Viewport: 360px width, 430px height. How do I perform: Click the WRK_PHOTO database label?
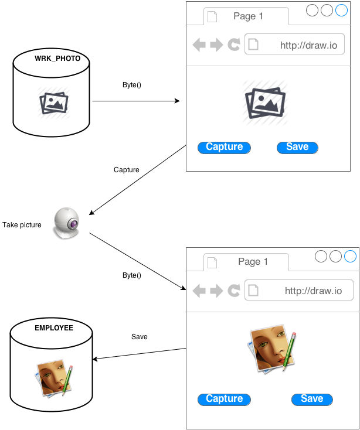pyautogui.click(x=53, y=59)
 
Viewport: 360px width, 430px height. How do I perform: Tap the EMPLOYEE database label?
pyautogui.click(x=54, y=328)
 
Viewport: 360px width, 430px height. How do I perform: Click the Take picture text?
pyautogui.click(x=22, y=225)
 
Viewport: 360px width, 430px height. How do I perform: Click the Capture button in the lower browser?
pyautogui.click(x=225, y=399)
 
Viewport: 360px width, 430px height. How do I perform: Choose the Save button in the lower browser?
pyautogui.click(x=312, y=399)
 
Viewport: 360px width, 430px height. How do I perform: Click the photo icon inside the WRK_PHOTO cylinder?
pyautogui.click(x=54, y=103)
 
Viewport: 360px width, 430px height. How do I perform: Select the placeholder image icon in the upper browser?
pyautogui.click(x=265, y=103)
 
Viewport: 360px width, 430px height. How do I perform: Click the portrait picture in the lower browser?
pyautogui.click(x=271, y=350)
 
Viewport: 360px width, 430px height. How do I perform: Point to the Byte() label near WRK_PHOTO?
pyautogui.click(x=132, y=85)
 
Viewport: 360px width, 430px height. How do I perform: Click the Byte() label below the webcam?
pyautogui.click(x=132, y=275)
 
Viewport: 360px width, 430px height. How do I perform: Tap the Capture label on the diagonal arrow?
pyautogui.click(x=127, y=170)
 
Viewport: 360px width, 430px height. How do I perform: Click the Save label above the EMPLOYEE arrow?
pyautogui.click(x=140, y=337)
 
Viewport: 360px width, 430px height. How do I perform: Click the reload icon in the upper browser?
pyautogui.click(x=234, y=45)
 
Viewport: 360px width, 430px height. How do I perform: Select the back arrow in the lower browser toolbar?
pyautogui.click(x=199, y=291)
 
